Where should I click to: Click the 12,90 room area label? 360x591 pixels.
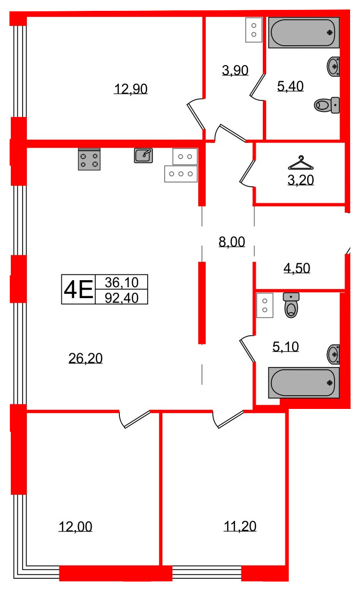click(131, 88)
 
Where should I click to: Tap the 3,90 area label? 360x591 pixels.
click(235, 70)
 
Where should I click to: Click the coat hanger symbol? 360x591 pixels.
click(301, 163)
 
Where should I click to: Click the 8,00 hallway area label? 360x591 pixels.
click(232, 242)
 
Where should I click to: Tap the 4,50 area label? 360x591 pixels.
click(297, 268)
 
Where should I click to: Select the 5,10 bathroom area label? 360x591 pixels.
click(285, 347)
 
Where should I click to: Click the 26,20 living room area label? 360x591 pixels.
click(85, 358)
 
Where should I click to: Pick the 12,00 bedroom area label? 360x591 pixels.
click(75, 526)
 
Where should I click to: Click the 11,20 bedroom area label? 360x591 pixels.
click(240, 526)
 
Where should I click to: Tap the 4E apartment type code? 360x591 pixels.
click(78, 289)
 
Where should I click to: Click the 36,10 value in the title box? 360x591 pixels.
click(121, 282)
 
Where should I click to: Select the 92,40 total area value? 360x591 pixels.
click(121, 297)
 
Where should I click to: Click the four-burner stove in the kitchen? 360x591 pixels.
click(89, 159)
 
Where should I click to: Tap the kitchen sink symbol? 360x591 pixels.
click(143, 155)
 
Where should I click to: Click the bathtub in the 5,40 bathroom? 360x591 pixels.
click(304, 33)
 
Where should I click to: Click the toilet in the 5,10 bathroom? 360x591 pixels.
click(292, 305)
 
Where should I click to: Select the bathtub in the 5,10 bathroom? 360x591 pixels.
click(304, 382)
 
